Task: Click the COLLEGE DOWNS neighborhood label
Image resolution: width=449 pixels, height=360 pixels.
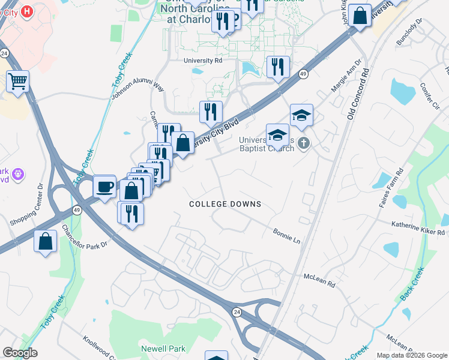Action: (225, 204)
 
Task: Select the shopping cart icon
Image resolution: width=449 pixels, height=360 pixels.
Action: (17, 81)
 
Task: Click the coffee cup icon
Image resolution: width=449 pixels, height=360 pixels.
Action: (104, 186)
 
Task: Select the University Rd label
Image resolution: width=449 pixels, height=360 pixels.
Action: (203, 61)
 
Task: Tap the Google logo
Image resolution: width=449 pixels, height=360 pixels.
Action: (20, 353)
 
